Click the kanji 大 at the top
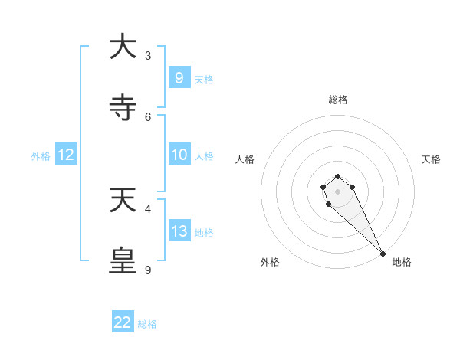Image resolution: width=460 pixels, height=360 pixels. point(123,47)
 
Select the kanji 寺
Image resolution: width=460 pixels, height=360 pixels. point(123,108)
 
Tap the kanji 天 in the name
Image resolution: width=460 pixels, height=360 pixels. point(123,200)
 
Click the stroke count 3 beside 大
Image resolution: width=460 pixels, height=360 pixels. point(148,55)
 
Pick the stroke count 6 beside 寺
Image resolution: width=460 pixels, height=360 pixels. point(148,116)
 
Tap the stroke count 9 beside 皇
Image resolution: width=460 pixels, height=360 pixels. point(148,270)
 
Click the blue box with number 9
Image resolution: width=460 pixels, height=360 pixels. point(179,77)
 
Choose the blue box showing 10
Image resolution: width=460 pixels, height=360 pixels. point(179,155)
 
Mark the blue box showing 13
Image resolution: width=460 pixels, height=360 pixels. point(179,231)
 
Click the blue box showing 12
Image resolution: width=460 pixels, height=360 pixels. point(66,155)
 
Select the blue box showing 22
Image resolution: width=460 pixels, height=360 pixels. point(123,322)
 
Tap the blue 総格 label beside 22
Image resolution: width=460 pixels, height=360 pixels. point(147,324)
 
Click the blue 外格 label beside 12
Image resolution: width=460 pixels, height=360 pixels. point(41,156)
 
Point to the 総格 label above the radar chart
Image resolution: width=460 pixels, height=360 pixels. point(338,100)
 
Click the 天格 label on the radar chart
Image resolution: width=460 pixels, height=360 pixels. point(431,159)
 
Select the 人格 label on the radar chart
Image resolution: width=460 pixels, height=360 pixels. point(245,159)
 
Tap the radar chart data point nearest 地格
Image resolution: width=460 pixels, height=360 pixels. point(383,254)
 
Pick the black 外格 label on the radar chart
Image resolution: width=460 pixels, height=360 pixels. point(270,262)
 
